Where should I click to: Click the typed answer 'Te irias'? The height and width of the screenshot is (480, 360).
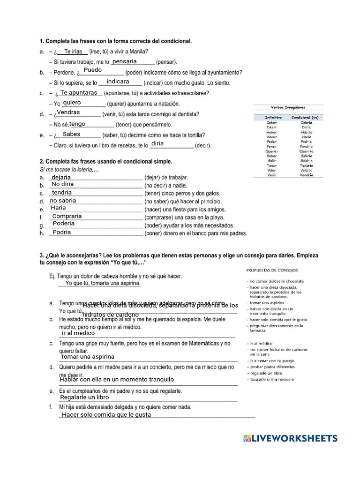(73, 52)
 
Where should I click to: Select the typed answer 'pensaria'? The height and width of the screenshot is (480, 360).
(125, 61)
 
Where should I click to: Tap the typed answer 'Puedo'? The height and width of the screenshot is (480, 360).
(92, 70)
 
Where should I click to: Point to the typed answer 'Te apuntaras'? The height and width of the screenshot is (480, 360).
(79, 93)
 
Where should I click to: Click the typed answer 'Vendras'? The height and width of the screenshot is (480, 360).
(68, 112)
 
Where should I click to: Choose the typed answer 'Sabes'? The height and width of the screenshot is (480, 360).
(71, 134)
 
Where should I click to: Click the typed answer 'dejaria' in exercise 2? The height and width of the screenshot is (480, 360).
(61, 177)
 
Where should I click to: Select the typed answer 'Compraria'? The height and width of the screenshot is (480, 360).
(67, 216)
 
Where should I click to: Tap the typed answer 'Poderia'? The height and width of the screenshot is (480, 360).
(64, 224)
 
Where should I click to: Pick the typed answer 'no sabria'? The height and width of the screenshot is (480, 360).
(63, 201)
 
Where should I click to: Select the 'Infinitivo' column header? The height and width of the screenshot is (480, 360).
(273, 117)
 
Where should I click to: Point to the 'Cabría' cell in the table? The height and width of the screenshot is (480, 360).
(307, 122)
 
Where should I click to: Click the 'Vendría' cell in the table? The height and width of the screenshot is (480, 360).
(307, 175)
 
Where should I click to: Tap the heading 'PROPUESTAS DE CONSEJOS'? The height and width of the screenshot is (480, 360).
(272, 270)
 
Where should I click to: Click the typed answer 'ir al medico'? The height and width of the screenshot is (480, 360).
(78, 333)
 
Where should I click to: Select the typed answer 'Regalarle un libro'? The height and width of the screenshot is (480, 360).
(84, 397)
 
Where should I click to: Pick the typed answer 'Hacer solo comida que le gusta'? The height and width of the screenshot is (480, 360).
(106, 415)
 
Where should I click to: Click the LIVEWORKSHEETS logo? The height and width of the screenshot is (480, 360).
(290, 438)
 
